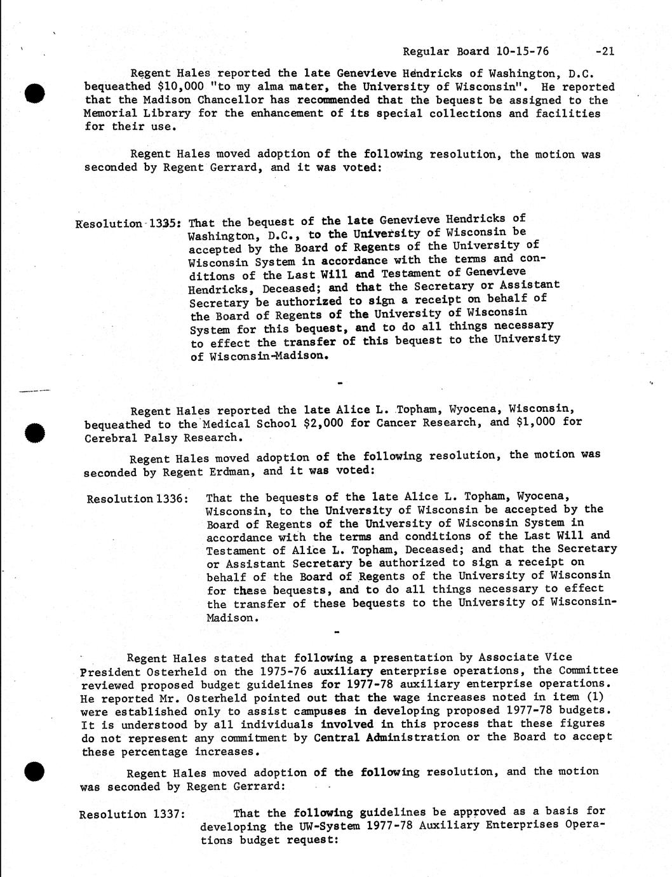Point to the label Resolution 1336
[137, 498]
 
